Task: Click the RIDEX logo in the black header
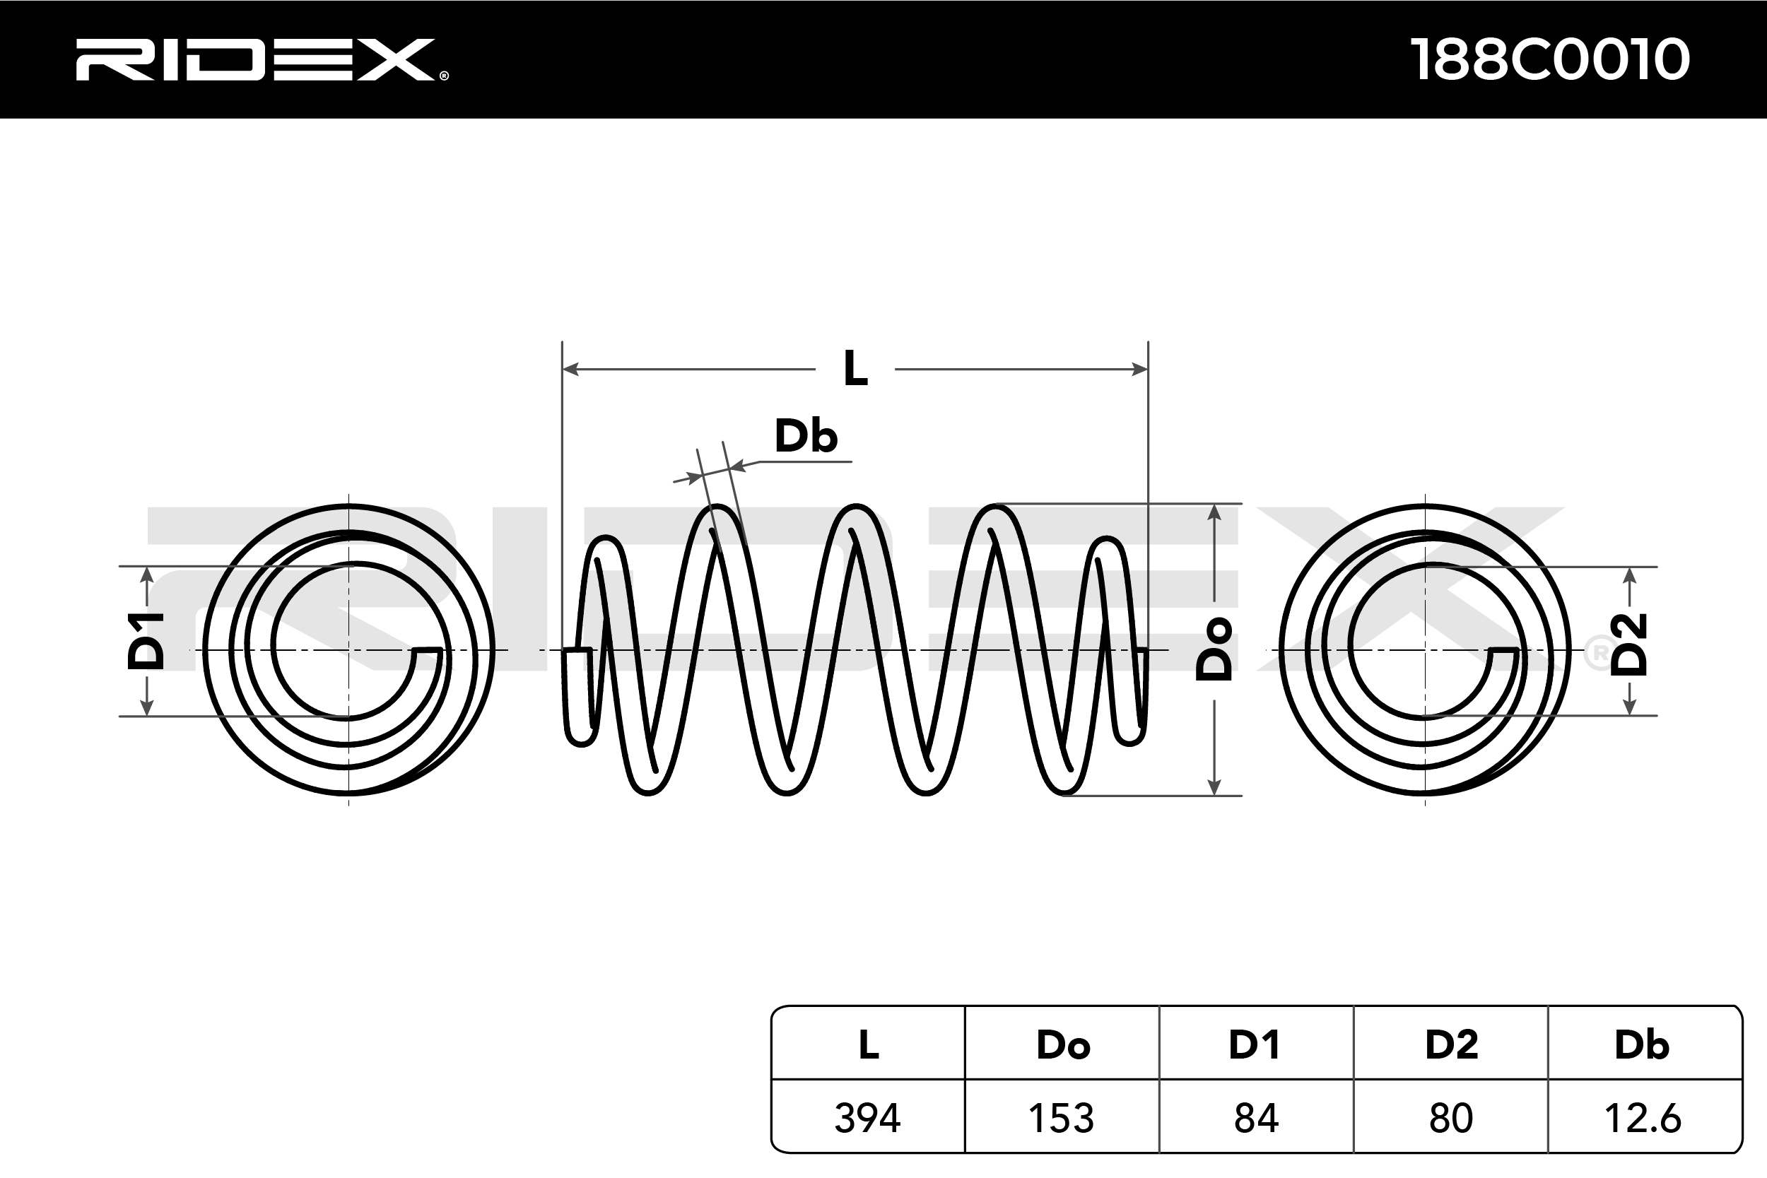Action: point(261,59)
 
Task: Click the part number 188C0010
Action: point(1551,59)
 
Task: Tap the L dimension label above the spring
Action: point(855,369)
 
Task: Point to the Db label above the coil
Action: point(805,437)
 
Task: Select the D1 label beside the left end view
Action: point(146,641)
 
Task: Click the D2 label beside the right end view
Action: point(1628,644)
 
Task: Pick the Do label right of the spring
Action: point(1214,649)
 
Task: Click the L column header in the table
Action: point(869,1044)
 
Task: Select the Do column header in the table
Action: point(1062,1044)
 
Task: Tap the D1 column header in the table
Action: point(1255,1044)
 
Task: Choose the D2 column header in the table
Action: point(1451,1044)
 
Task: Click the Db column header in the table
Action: point(1643,1044)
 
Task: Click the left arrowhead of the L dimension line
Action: point(570,369)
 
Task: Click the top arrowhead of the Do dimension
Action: point(1214,513)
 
